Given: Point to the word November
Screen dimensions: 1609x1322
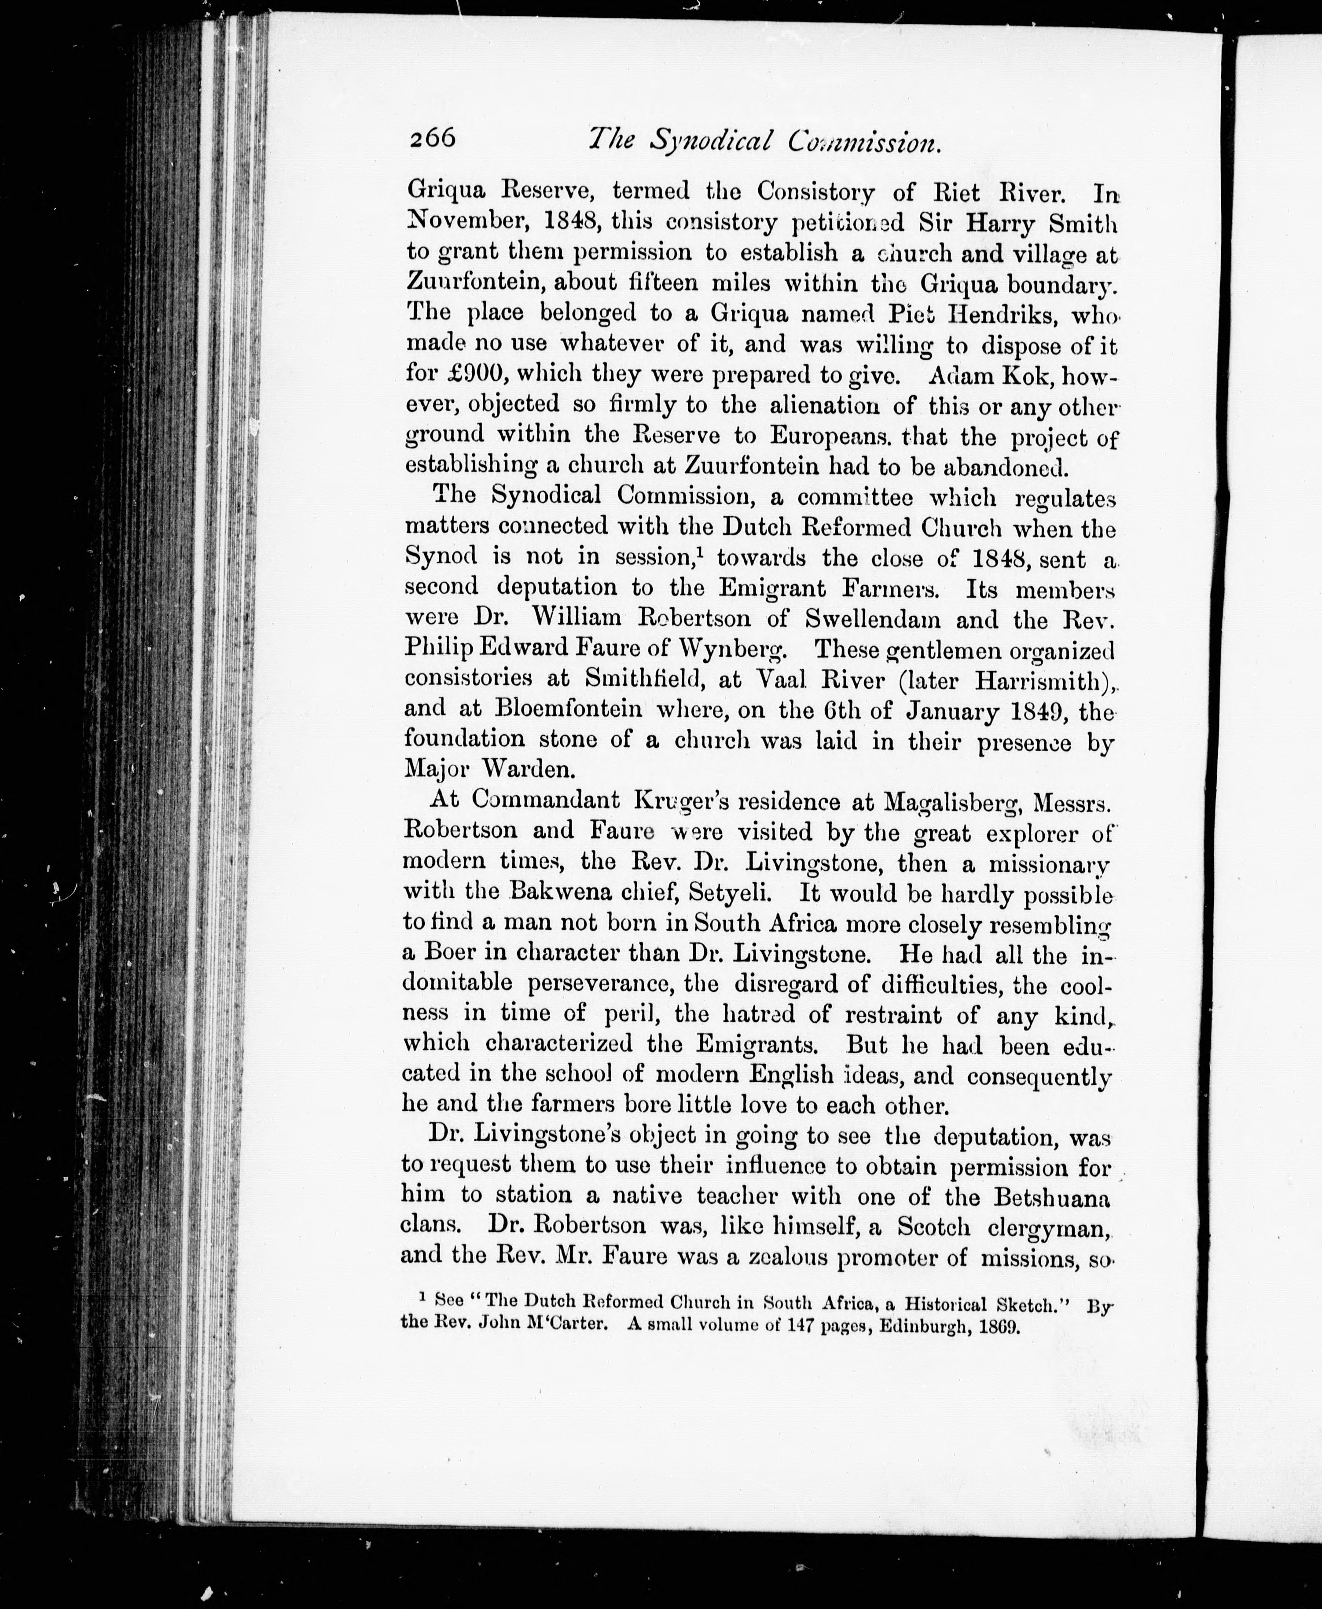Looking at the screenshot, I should coord(467,222).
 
